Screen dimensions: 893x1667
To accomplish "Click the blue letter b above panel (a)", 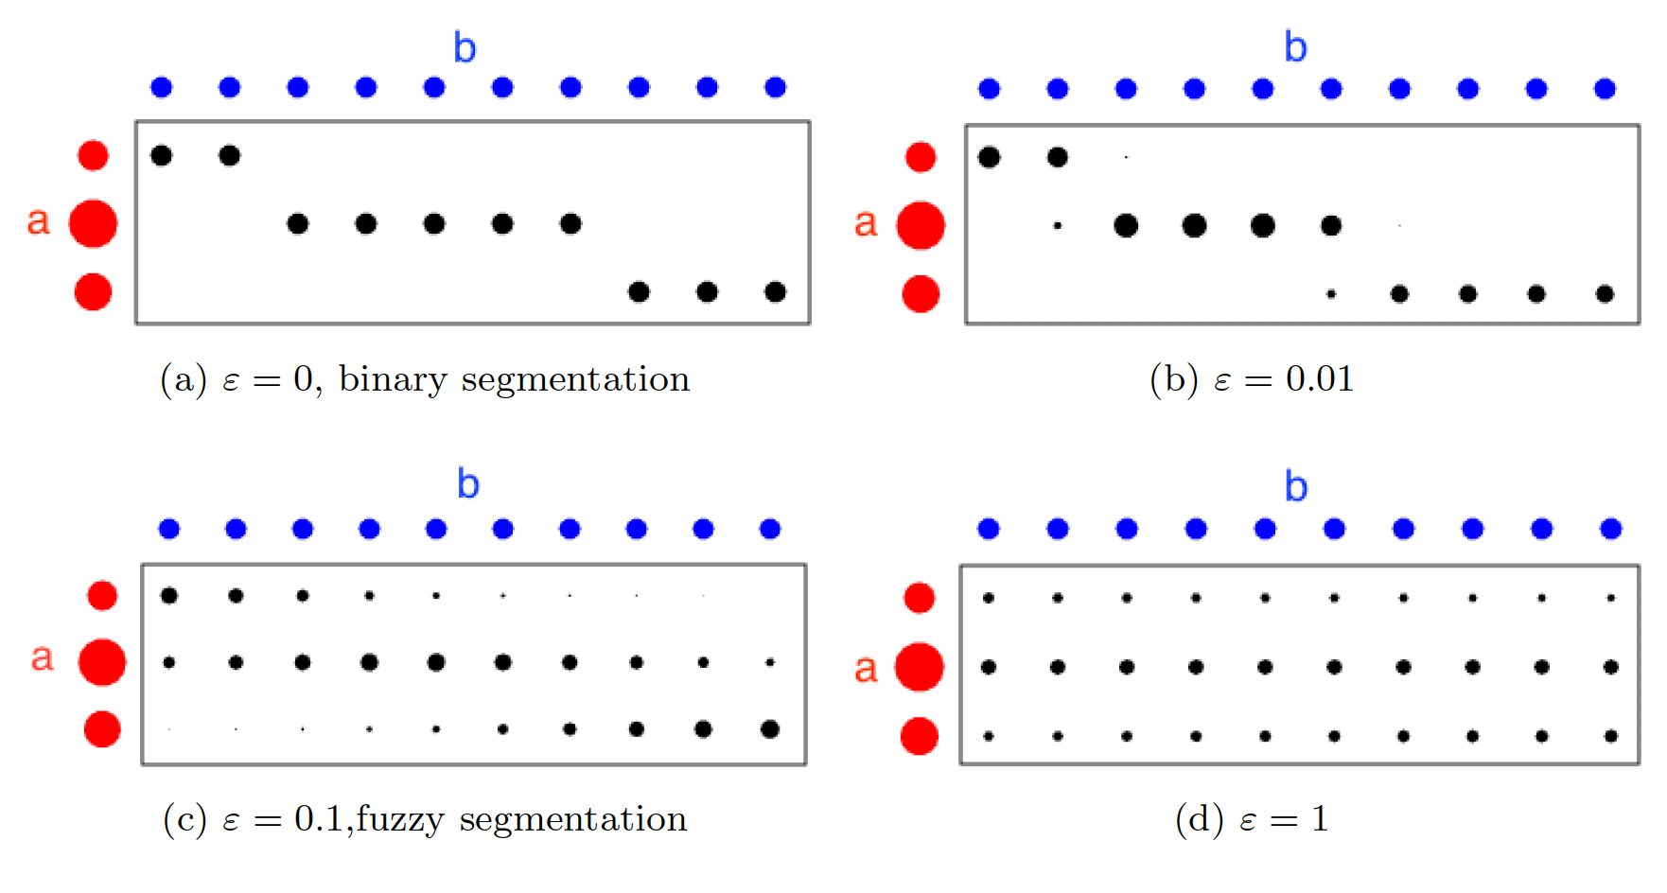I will click(x=465, y=48).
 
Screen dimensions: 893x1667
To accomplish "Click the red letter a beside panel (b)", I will click(x=866, y=223).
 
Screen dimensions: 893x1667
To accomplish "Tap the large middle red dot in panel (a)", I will click(x=93, y=224).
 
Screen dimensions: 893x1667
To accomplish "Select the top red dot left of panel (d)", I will click(x=920, y=598).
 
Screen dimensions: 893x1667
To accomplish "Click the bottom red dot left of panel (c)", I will click(x=102, y=729).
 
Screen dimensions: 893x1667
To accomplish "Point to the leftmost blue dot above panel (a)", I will click(x=162, y=88).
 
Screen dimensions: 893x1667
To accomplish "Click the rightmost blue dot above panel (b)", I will click(x=1605, y=89).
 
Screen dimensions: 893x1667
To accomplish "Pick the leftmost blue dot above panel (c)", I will click(x=169, y=529).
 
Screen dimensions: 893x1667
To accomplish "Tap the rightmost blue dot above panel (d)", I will click(x=1611, y=529).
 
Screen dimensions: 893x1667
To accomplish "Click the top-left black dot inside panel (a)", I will click(x=162, y=155).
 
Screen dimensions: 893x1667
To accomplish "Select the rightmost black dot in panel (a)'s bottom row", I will click(x=775, y=291).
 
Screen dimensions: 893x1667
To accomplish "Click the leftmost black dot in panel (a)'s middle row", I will click(x=298, y=224).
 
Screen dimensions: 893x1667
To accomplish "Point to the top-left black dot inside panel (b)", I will click(x=990, y=157).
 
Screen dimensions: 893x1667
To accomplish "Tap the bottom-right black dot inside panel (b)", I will click(x=1605, y=294).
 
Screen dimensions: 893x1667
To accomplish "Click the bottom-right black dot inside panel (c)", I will click(x=770, y=729).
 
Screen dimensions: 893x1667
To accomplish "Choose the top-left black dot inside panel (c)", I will click(x=169, y=596).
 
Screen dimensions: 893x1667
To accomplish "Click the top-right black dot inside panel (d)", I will click(x=1611, y=598).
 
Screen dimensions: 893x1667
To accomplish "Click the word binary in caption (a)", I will click(x=393, y=379).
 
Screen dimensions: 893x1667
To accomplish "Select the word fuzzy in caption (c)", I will click(x=399, y=819).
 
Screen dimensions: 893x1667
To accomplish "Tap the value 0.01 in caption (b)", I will click(x=1320, y=379).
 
